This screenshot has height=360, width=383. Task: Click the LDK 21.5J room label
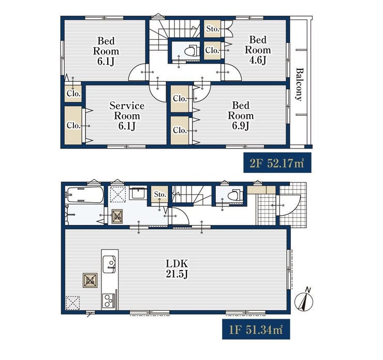tap(177, 269)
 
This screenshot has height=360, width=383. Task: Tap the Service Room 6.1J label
tap(127, 116)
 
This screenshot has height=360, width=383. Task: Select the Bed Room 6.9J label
tap(241, 115)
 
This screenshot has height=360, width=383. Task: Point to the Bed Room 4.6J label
tap(258, 50)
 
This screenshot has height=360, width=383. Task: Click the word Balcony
tap(299, 84)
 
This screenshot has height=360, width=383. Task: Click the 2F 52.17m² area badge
tap(277, 163)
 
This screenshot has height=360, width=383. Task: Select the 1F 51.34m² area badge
tap(256, 329)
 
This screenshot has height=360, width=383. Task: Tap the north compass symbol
tap(304, 301)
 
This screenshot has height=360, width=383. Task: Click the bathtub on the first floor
tap(85, 194)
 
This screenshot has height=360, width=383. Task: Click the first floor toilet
tap(234, 195)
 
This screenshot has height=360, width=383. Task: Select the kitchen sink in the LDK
tap(109, 264)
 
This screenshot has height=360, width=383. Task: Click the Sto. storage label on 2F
tap(213, 29)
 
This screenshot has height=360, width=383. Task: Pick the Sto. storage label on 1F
tap(160, 194)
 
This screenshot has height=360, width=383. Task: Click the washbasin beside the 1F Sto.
tap(138, 194)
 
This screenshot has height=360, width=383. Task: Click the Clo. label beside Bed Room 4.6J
tap(212, 50)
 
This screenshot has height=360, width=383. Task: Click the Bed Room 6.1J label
tap(106, 51)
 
